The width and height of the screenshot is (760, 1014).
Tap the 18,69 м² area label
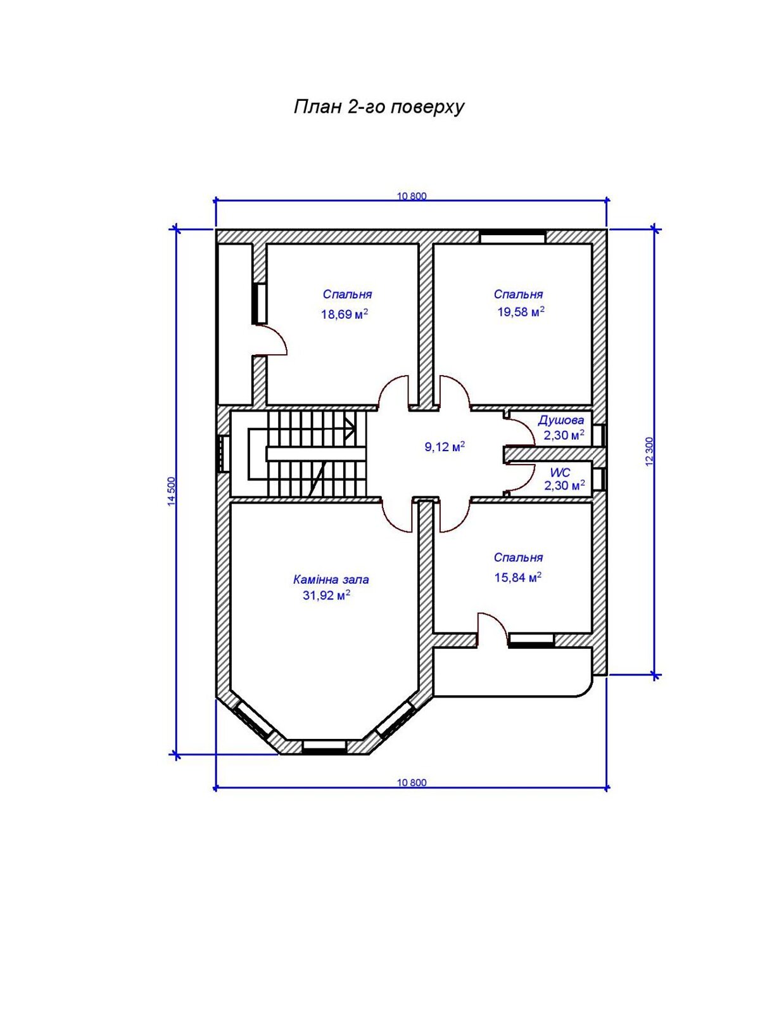coord(345,314)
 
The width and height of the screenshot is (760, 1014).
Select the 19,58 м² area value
coord(521,311)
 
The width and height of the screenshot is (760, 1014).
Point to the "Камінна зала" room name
coord(331,579)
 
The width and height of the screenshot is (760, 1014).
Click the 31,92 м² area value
coord(326,596)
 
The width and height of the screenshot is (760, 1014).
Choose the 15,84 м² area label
coord(517,577)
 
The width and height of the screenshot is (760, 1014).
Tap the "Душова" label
coord(560,420)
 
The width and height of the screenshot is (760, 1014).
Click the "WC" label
coord(560,473)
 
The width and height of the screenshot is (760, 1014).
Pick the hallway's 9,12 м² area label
coord(445,447)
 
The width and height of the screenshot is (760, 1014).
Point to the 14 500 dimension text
coord(172,492)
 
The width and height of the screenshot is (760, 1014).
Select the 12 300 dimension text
coord(650,451)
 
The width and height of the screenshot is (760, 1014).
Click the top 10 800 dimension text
coord(412,196)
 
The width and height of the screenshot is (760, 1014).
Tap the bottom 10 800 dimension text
coord(412,783)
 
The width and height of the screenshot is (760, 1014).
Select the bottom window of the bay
coord(324,747)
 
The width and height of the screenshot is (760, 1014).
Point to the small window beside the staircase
coord(224,453)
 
